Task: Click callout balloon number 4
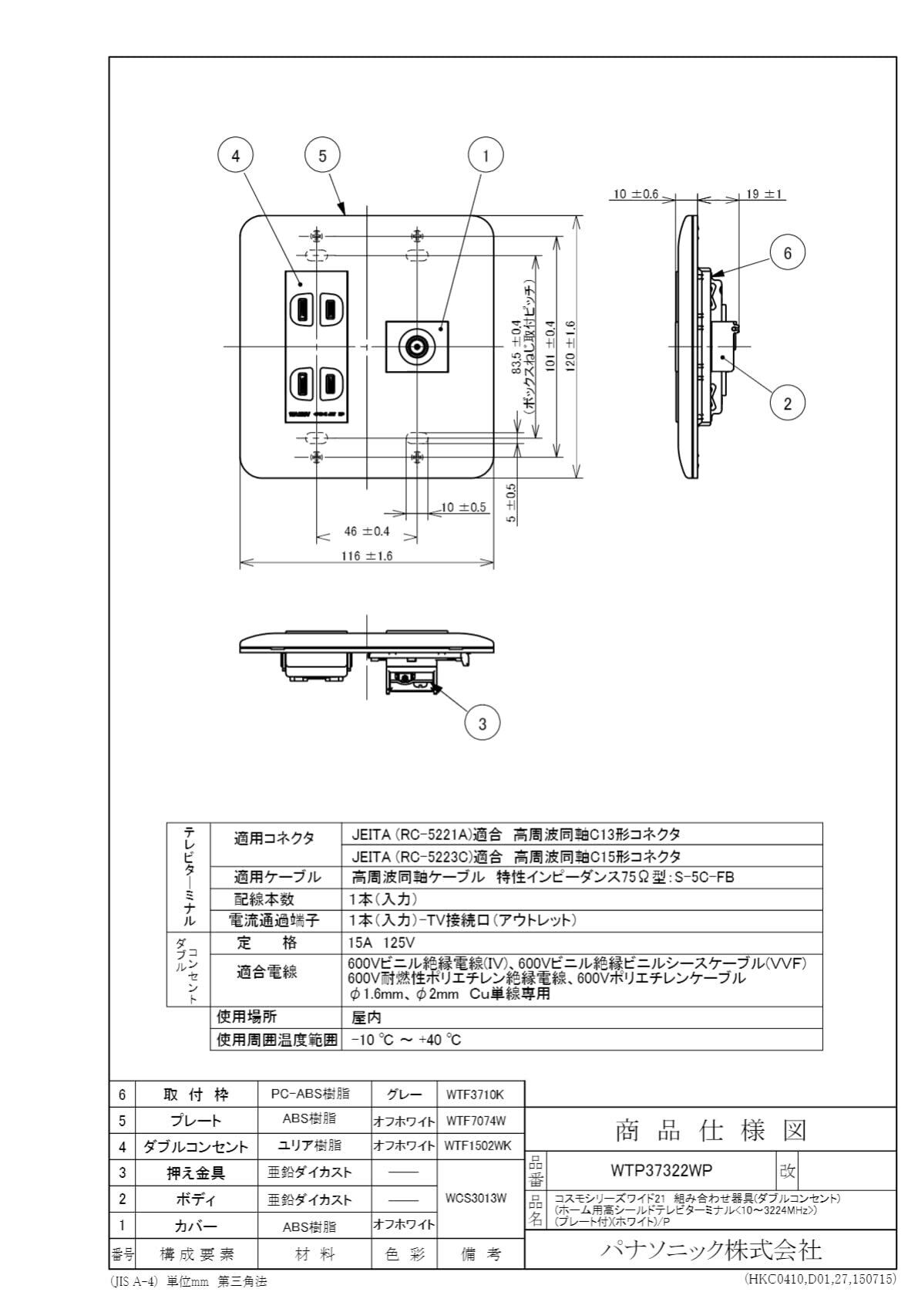236,155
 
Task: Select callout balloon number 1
486,155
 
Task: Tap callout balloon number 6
787,252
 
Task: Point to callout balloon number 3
483,723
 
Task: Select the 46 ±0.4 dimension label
366,531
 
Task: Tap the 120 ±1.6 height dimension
570,346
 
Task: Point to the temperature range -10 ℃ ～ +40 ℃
405,1039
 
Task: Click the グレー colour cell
404,1094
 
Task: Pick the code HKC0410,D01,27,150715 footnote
819,1279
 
